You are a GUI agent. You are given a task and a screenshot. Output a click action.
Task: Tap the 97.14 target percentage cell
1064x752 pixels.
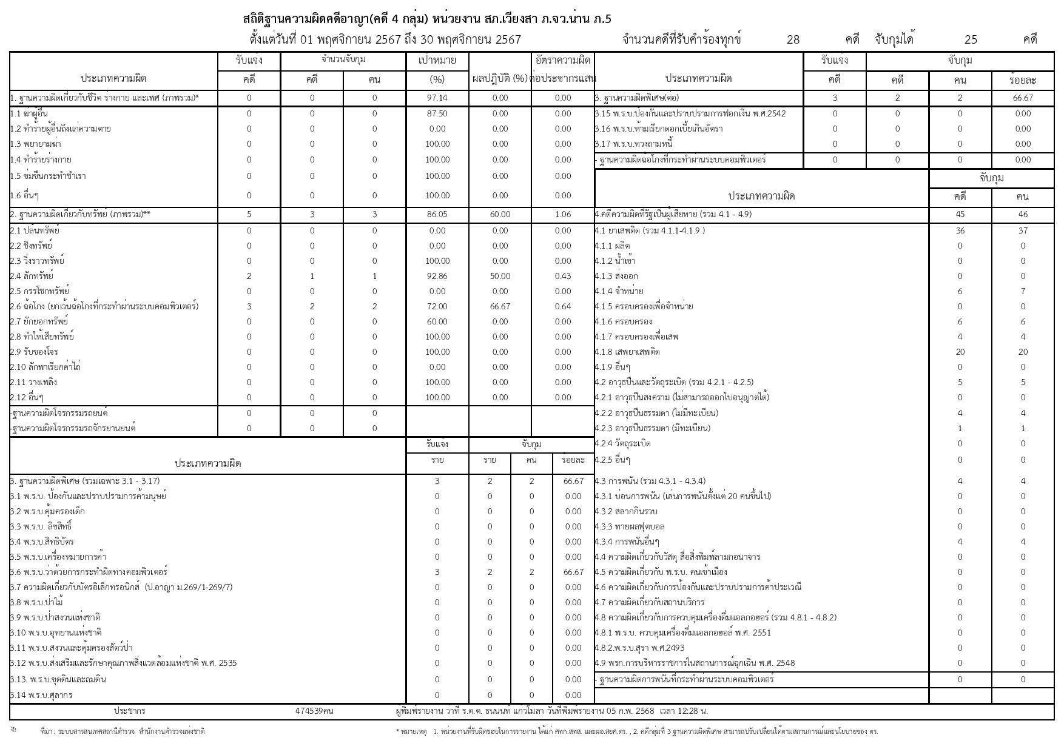tap(437, 98)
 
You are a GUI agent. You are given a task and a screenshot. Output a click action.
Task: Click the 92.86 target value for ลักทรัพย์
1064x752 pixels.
tap(437, 276)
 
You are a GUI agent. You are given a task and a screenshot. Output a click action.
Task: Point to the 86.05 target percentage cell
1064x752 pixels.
tap(437, 214)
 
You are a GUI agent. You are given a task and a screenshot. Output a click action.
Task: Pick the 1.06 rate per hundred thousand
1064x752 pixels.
tap(562, 214)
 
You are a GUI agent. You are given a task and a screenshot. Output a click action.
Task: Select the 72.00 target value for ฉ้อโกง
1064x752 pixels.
tap(437, 306)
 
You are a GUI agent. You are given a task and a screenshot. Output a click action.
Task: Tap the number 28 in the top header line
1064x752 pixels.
tap(793, 40)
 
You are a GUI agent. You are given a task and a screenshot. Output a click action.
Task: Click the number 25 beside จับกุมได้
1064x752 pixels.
tap(971, 40)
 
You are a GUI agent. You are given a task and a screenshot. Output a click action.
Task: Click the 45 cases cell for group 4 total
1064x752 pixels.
tap(960, 214)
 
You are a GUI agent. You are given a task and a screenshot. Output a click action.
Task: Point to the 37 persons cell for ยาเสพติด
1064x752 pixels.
tap(1023, 230)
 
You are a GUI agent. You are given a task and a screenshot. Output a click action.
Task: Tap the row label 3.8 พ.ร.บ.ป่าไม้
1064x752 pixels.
tap(36, 602)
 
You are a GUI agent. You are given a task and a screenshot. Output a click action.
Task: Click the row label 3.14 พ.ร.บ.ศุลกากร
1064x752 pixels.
tap(41, 695)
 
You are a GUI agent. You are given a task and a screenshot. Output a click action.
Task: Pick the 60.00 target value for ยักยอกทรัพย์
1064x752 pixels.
tap(437, 321)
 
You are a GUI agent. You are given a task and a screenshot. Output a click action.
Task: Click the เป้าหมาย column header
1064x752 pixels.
tap(437, 61)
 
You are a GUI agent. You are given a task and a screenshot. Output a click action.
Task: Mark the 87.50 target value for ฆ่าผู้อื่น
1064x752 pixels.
tap(437, 113)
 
